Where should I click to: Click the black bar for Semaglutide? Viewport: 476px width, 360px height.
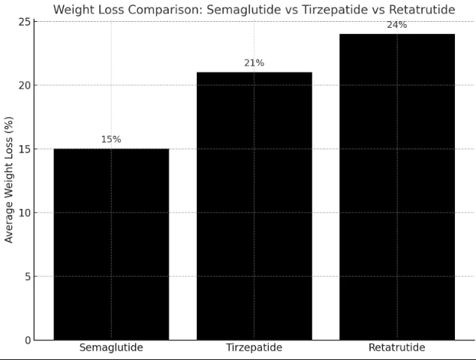point(111,244)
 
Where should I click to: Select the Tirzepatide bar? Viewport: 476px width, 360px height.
point(254,206)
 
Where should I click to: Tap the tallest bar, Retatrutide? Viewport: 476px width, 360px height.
point(396,187)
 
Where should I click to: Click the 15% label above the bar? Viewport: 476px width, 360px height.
point(111,139)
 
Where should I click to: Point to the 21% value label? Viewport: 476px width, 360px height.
point(254,63)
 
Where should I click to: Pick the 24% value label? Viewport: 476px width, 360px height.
point(396,25)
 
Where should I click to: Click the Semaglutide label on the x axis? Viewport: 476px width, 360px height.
point(111,348)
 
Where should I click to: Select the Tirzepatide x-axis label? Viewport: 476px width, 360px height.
point(254,348)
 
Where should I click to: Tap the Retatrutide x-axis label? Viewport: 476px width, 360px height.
point(396,348)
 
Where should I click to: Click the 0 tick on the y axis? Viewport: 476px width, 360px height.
point(27,340)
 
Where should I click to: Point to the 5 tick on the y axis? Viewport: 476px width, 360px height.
point(27,277)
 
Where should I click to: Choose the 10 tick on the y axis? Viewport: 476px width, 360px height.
point(25,213)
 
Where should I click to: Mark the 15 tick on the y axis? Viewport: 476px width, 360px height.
point(25,149)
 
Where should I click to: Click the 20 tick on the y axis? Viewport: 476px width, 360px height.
point(25,85)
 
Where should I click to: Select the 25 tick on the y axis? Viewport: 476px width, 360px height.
point(25,22)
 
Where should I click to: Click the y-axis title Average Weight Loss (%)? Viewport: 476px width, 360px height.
point(9,180)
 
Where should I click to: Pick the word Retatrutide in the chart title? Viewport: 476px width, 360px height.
point(417,9)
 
